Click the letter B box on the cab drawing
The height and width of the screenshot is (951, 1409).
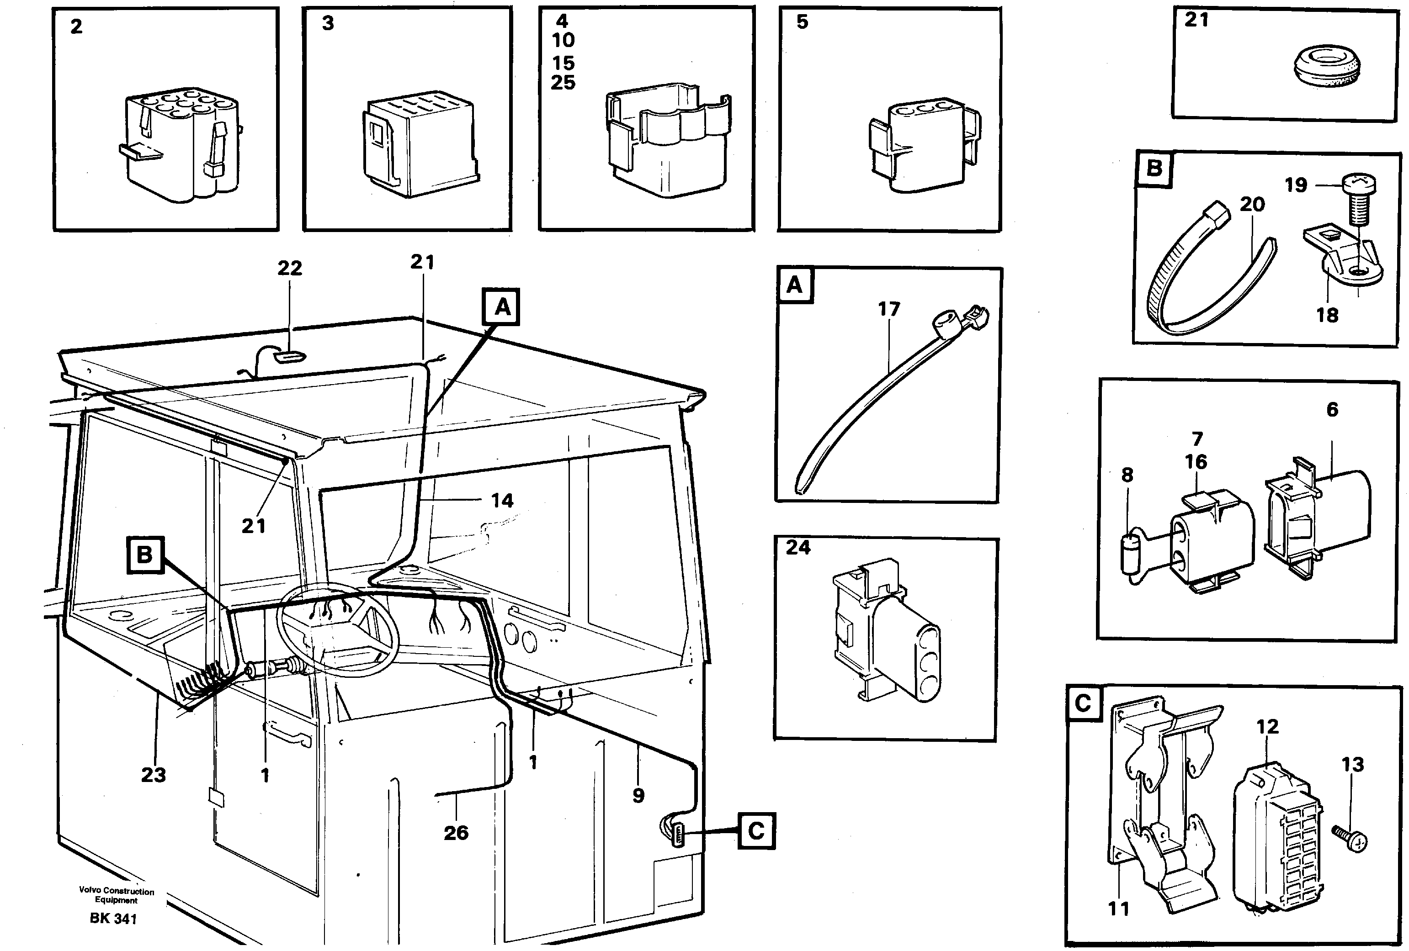coord(144,554)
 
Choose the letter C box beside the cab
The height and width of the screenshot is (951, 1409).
coord(756,830)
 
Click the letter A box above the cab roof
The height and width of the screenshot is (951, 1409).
coord(502,307)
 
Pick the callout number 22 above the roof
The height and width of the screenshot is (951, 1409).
coord(289,268)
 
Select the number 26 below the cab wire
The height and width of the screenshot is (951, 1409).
coord(456,832)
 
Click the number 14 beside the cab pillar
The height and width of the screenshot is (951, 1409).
coord(502,501)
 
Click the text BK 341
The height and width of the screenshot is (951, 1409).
coord(113,919)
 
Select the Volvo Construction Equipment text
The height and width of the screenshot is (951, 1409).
coord(117,895)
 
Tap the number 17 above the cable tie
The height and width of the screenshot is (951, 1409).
coord(889,309)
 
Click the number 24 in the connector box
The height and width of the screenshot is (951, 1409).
coord(798,547)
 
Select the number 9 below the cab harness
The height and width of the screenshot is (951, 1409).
coord(638,795)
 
